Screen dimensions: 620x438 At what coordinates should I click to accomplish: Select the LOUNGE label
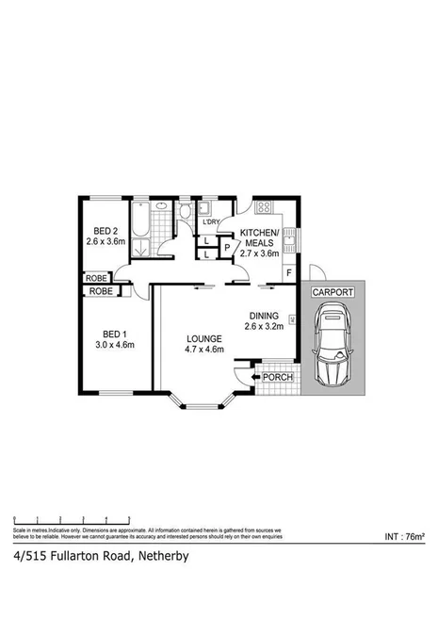coord(203,338)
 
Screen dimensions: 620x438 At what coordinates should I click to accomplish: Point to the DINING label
coord(265,316)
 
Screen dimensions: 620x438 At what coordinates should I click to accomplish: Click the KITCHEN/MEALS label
coord(259,237)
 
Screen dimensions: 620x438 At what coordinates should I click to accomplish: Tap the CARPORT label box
coord(333,293)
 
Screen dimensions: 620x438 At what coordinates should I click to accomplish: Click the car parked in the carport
coord(333,349)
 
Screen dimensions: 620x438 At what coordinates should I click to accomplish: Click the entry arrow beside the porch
coord(247,378)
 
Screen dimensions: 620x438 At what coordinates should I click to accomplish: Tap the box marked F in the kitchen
coord(287,273)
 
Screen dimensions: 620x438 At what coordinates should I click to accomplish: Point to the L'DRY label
coord(211,222)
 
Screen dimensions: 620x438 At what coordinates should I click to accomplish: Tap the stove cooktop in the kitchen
coord(265,207)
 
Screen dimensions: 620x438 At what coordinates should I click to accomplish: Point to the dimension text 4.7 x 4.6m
coord(203,351)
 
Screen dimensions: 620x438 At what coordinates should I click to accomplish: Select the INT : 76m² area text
coord(405,536)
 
